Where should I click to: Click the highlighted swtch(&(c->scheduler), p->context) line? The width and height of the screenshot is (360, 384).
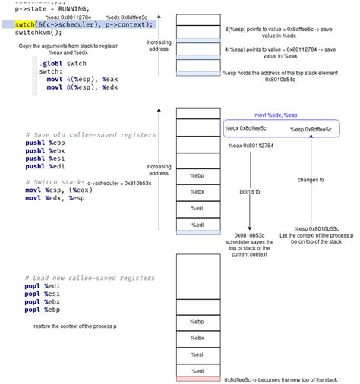(x=84, y=24)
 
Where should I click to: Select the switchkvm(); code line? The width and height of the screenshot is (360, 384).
(x=39, y=33)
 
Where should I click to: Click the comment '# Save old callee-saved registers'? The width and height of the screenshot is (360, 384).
(x=90, y=135)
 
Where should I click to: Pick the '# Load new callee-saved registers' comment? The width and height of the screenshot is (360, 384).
(x=90, y=279)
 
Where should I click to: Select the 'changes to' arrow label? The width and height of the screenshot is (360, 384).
(x=311, y=181)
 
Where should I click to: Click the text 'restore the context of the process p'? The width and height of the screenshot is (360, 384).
(x=74, y=326)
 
